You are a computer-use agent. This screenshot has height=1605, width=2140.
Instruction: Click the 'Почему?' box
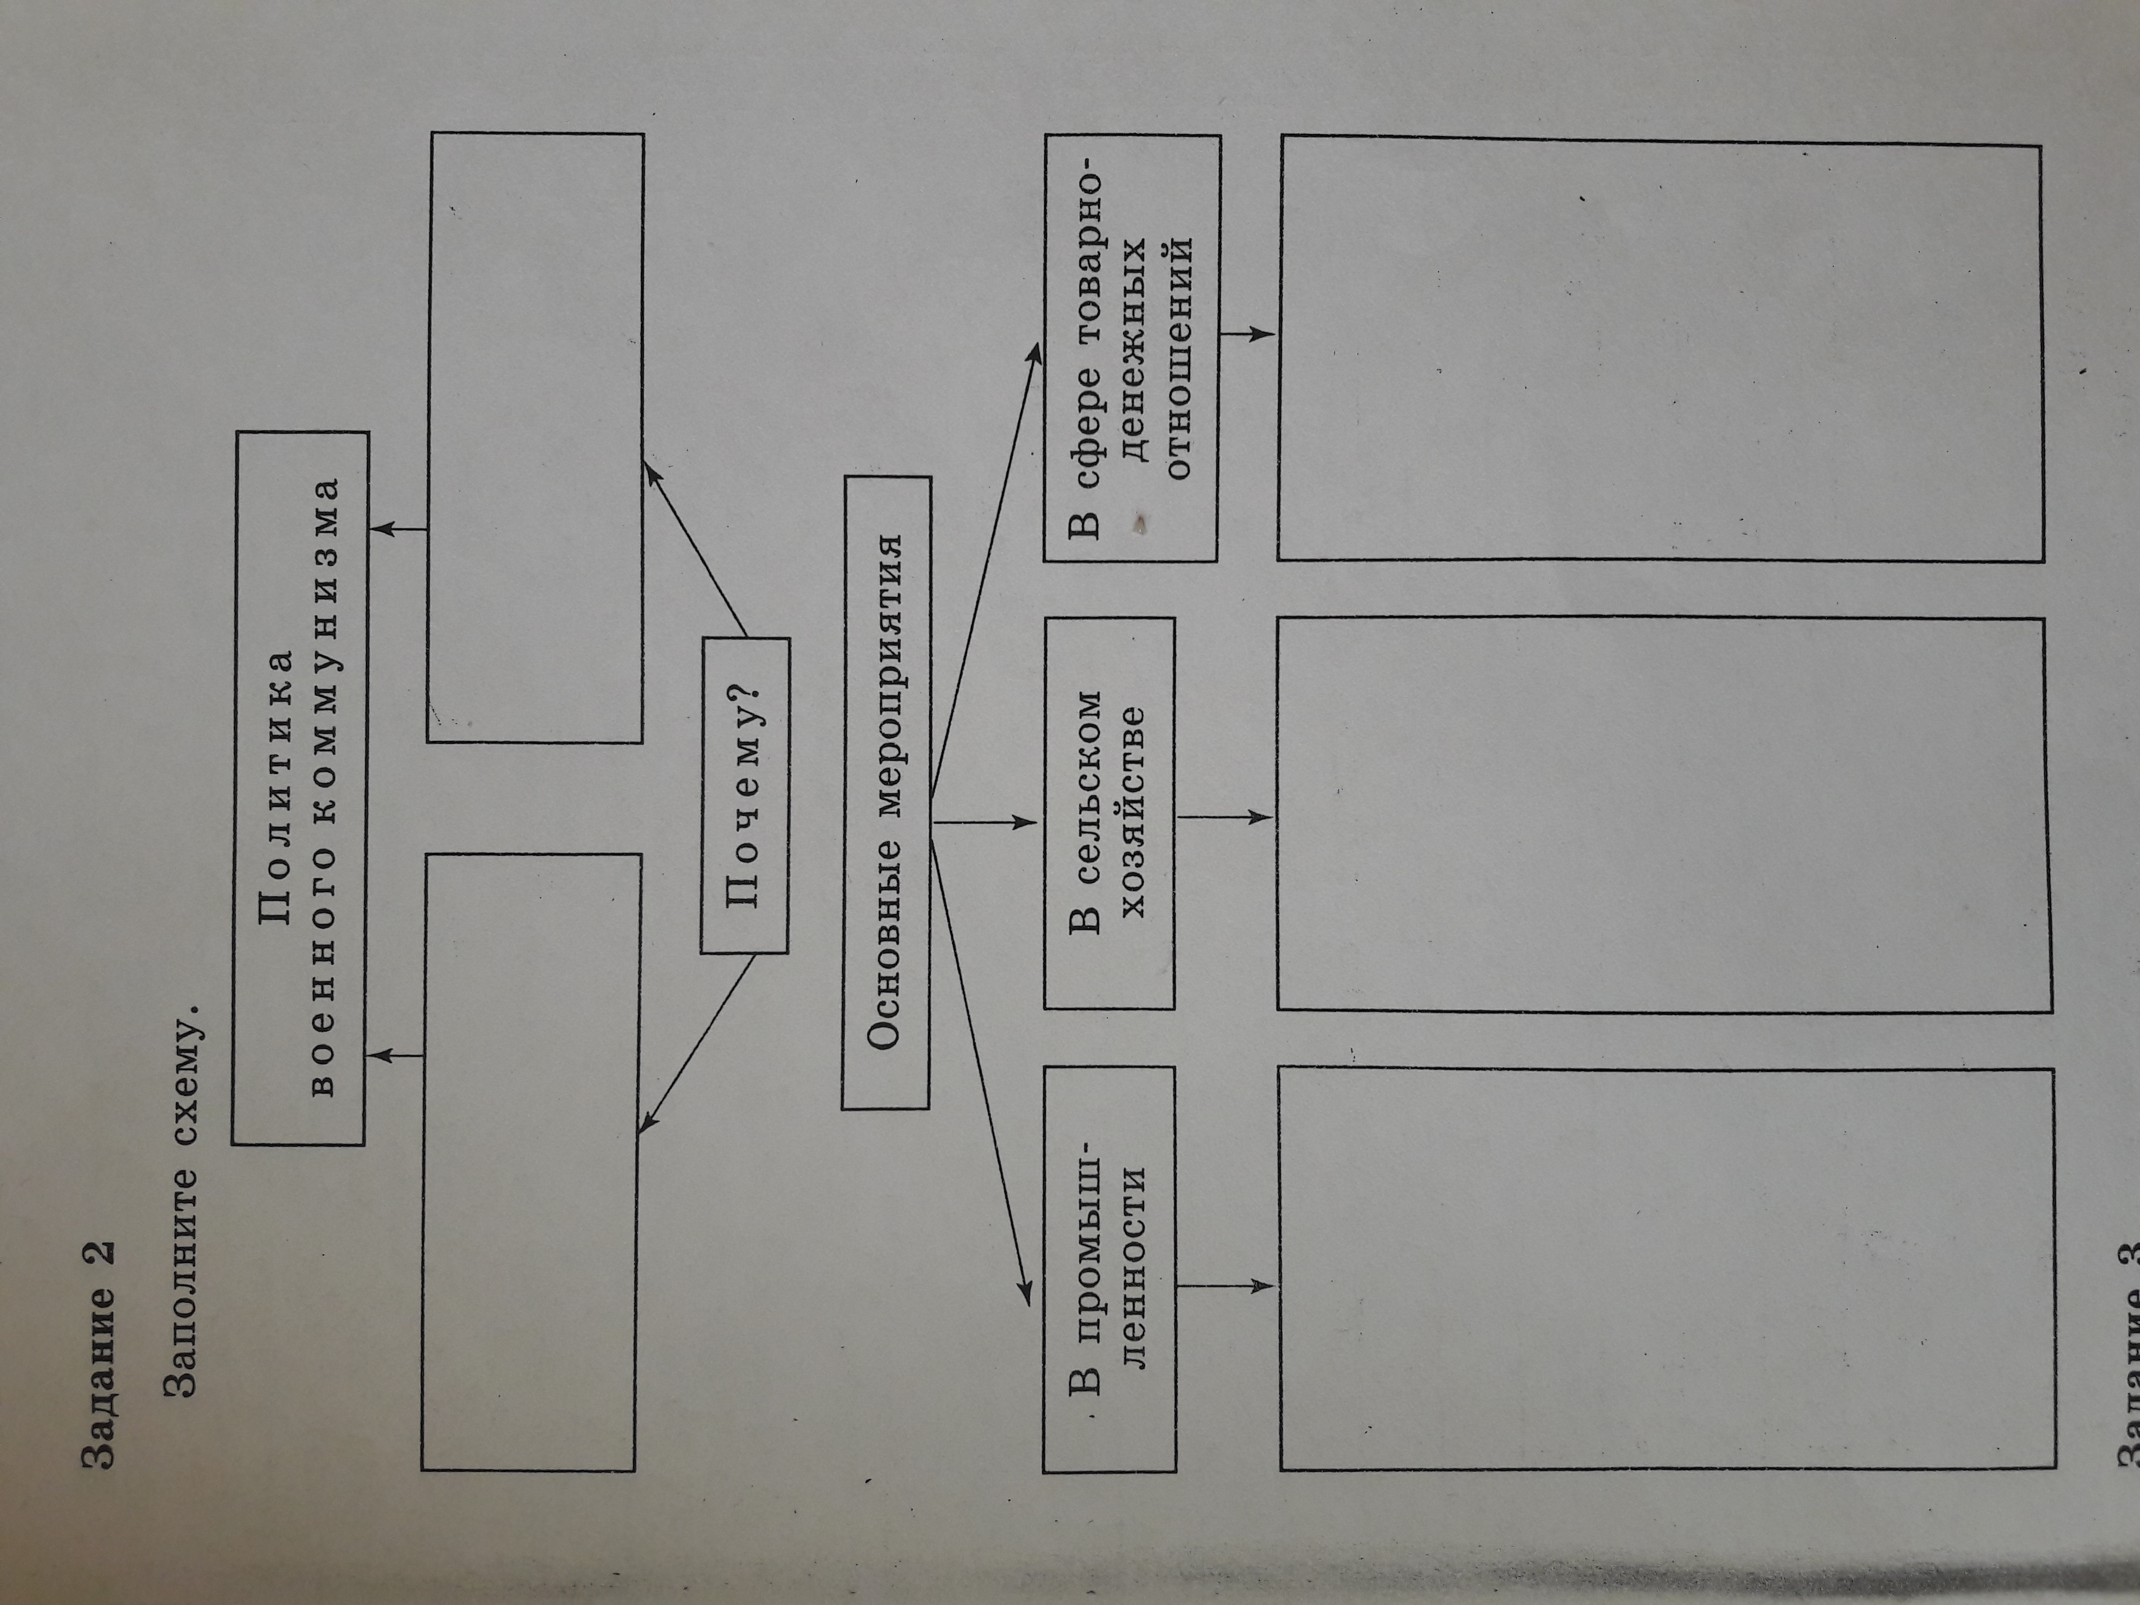point(745,795)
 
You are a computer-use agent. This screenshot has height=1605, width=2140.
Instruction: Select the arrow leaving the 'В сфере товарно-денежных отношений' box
point(1247,334)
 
